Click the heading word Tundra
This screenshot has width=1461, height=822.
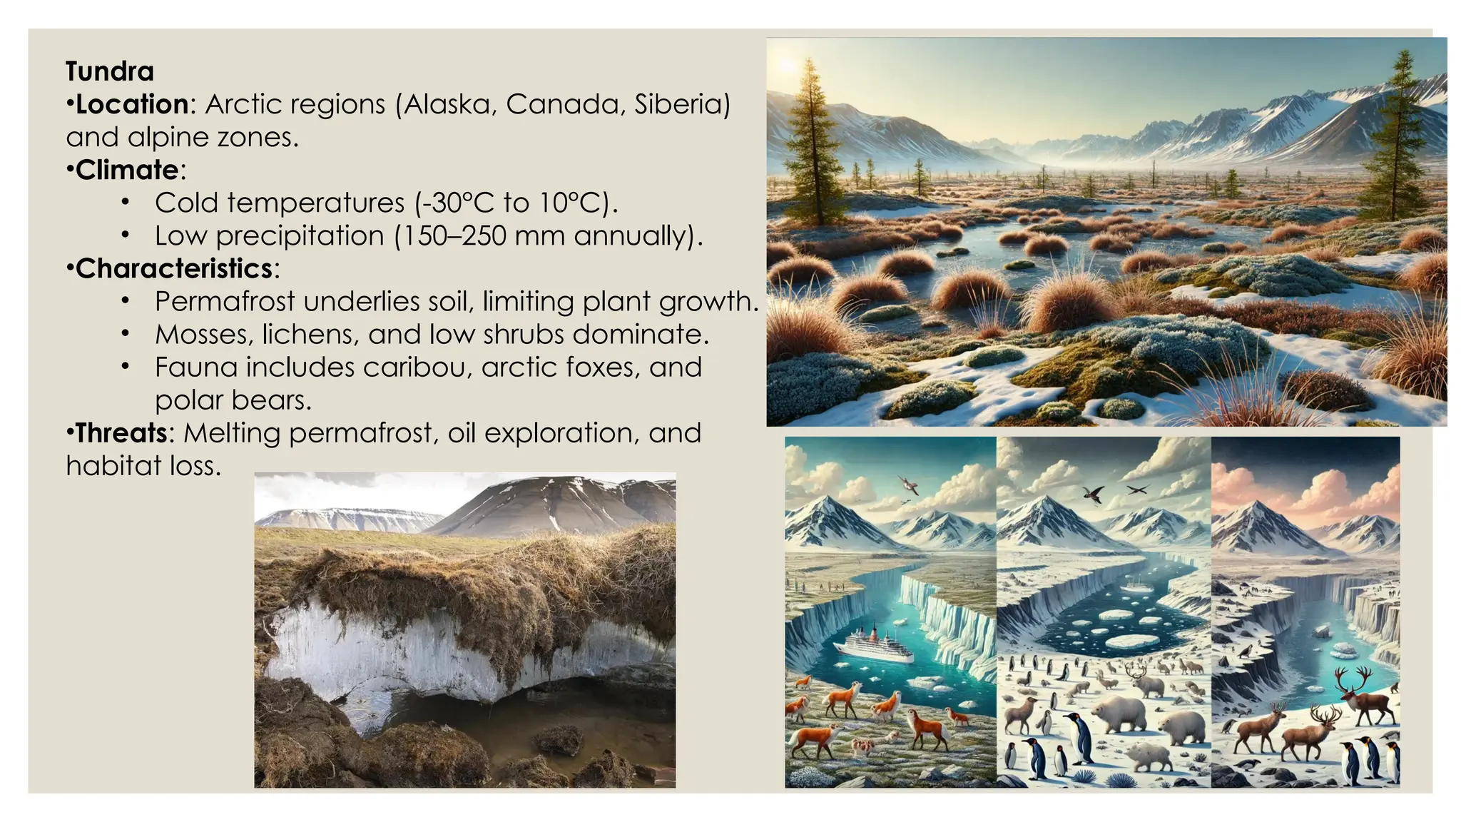[x=110, y=71]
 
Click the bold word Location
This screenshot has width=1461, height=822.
[x=132, y=104]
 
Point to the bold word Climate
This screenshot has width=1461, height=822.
[x=127, y=170]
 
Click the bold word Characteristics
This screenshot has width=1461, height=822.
[x=173, y=268]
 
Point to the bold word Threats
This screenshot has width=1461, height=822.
[x=121, y=432]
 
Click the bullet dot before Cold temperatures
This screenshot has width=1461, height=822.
[x=126, y=203]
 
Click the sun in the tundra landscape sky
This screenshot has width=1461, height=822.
[x=787, y=66]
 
